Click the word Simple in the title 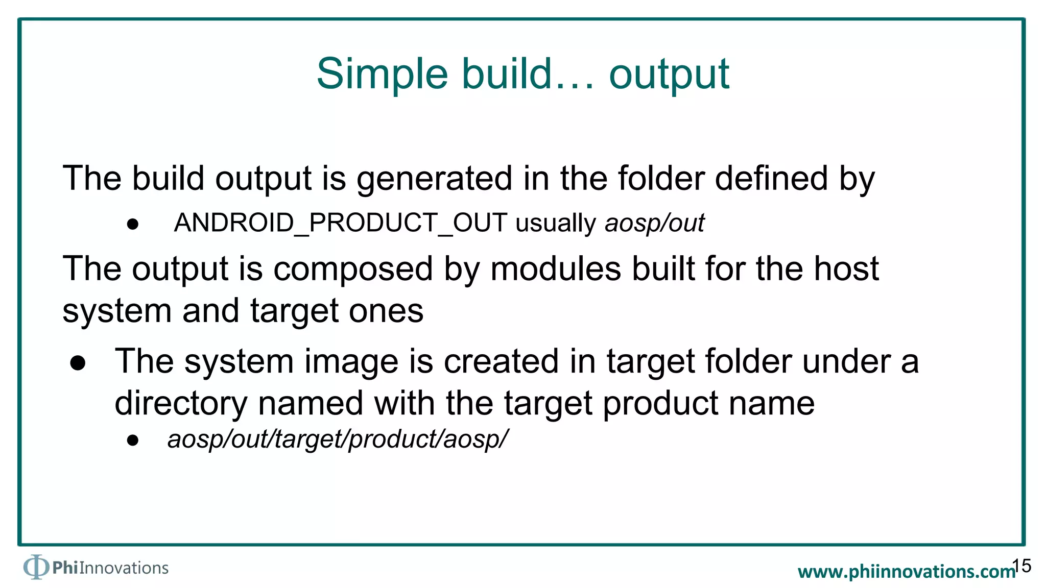382,75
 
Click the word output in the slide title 669,75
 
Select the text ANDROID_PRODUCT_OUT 340,223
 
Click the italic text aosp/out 654,223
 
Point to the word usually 556,224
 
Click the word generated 434,179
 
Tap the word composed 353,269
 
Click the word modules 556,269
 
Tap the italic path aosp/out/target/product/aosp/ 338,439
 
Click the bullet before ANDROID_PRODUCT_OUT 133,224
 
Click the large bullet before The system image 78,362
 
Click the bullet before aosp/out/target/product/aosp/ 133,440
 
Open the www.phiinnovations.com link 906,571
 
